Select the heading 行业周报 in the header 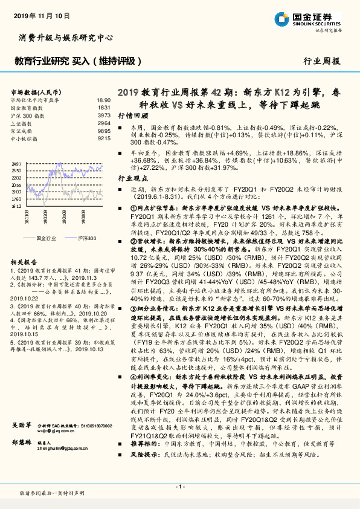point(322,61)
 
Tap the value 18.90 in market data point(103,100)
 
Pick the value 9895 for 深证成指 point(104,131)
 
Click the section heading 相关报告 point(25,262)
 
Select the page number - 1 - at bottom point(179,485)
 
